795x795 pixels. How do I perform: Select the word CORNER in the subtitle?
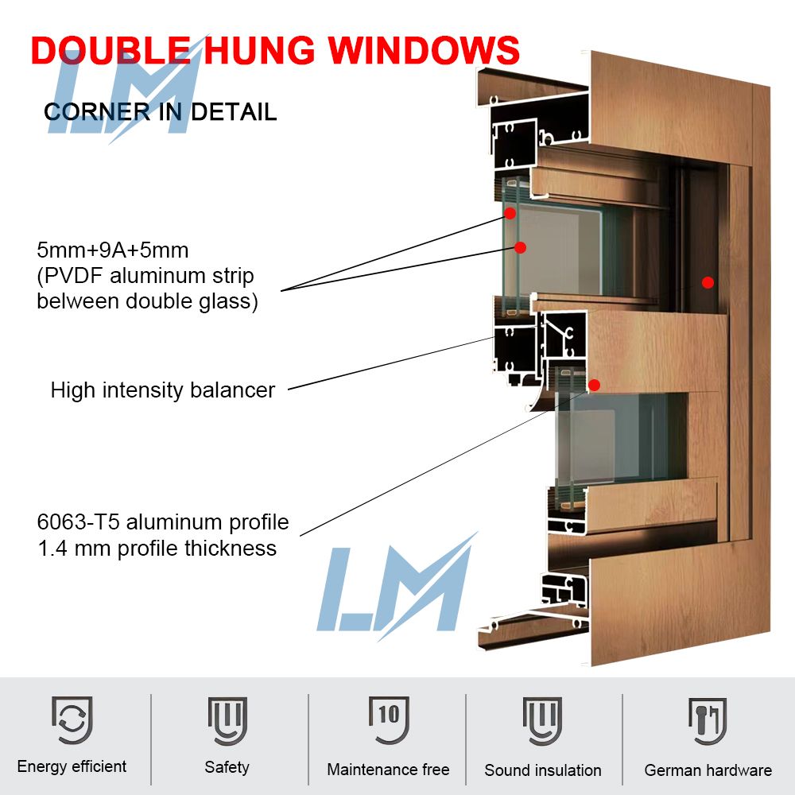pos(97,111)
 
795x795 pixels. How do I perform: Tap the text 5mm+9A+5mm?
pos(113,250)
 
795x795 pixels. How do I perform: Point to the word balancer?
pos(233,390)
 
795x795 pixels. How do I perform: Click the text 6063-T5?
pos(78,522)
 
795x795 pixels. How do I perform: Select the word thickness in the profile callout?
pos(231,549)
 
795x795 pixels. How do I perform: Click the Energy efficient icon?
pos(72,720)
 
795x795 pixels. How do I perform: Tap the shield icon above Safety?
pos(227,720)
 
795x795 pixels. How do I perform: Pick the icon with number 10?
pos(389,719)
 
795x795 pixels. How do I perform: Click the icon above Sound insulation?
pos(542,721)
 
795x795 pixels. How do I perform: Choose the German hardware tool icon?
pos(708,721)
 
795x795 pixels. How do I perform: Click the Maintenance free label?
pos(389,769)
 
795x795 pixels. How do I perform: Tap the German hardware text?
pos(708,770)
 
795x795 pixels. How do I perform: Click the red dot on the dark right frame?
pos(708,282)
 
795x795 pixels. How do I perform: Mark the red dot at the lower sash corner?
pos(594,386)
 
